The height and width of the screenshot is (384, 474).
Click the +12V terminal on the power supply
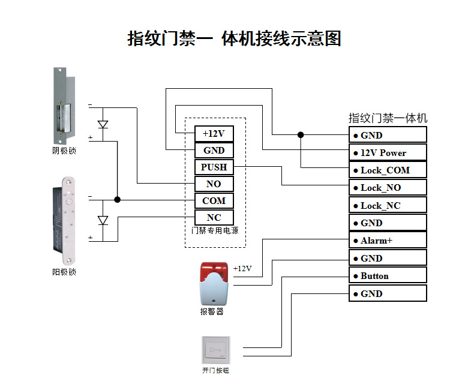(x=214, y=134)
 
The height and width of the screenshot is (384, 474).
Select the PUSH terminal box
(x=214, y=167)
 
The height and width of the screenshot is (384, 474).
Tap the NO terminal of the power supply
(x=214, y=184)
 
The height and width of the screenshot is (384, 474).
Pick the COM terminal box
(x=214, y=201)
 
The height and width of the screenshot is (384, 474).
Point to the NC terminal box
(x=214, y=218)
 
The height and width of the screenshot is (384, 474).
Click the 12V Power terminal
(x=388, y=152)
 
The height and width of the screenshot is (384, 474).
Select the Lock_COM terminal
(x=388, y=170)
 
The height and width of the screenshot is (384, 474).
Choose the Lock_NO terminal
(x=388, y=188)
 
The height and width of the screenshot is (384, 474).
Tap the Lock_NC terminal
(x=388, y=205)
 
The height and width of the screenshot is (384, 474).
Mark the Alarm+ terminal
(x=388, y=241)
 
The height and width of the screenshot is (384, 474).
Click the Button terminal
(x=388, y=276)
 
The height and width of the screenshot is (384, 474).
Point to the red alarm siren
(x=213, y=282)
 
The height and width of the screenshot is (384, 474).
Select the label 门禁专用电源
(x=214, y=230)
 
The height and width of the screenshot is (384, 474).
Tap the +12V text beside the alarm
(x=242, y=268)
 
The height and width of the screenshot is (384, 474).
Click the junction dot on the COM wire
(x=118, y=200)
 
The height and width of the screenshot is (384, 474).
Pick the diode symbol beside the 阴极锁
(x=103, y=125)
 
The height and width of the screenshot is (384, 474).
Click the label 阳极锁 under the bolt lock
(x=64, y=272)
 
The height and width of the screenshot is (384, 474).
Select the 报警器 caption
(x=212, y=311)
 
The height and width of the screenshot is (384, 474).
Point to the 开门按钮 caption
(x=215, y=371)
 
